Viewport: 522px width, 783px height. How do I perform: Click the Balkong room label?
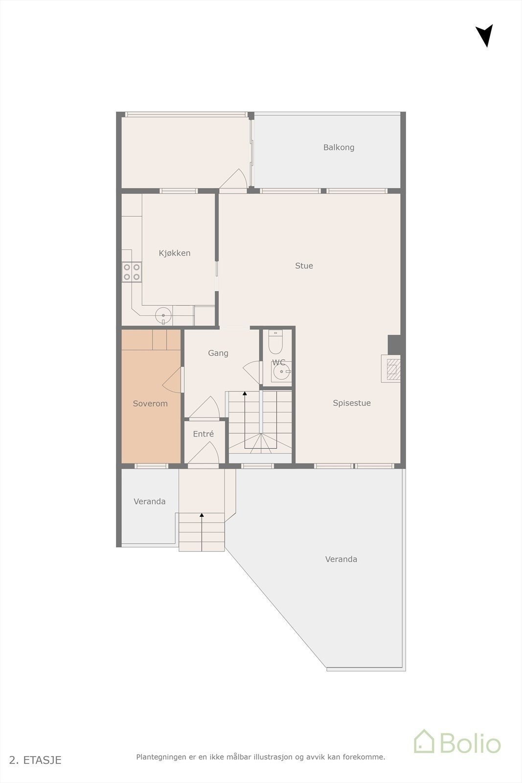click(x=339, y=147)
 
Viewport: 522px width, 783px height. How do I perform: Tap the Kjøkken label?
click(x=175, y=253)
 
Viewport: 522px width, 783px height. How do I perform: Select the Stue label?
click(x=304, y=266)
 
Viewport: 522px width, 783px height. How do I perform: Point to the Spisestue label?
click(x=352, y=403)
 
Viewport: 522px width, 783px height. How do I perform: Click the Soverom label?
click(x=150, y=404)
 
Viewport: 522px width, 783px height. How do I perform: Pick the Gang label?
click(x=218, y=353)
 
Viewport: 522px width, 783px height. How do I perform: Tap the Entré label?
click(x=203, y=434)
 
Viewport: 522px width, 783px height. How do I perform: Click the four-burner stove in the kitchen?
click(x=132, y=272)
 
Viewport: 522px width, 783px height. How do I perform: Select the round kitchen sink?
click(x=163, y=315)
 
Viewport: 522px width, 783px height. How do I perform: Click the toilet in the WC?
click(x=276, y=343)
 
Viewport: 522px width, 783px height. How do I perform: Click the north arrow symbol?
click(x=484, y=35)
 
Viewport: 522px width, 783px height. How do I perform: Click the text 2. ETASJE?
click(x=35, y=760)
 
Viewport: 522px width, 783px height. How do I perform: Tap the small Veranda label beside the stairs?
click(x=149, y=502)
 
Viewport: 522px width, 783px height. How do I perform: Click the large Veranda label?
click(x=341, y=559)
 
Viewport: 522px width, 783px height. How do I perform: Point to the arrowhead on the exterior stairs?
click(x=202, y=515)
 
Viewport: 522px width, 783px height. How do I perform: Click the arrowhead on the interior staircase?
click(x=245, y=393)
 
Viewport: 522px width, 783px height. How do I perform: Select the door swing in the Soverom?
click(x=172, y=380)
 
